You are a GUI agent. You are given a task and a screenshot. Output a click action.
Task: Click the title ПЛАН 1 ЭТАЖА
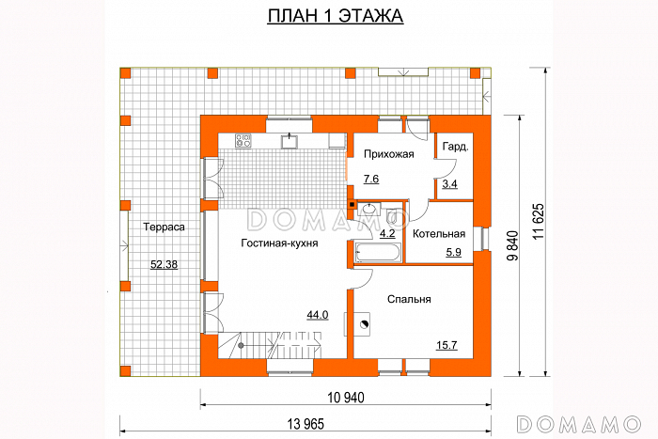coord(329,18)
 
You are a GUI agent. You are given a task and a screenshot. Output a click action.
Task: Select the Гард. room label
coord(456,148)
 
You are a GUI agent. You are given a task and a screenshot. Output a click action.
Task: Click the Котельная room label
coord(439,233)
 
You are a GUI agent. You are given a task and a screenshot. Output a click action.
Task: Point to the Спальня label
coord(409,299)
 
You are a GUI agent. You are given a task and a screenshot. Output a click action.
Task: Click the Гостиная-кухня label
coord(278,242)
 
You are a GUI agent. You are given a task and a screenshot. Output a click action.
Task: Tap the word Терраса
coord(163,227)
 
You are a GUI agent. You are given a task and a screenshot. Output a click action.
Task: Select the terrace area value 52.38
coord(164,264)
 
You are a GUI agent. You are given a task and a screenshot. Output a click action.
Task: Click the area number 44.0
coord(317,315)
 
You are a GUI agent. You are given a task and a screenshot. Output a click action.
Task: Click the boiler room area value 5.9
coord(453,252)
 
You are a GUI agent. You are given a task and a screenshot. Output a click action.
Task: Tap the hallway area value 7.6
coord(370,179)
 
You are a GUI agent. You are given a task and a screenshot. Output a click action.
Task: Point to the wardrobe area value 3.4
coord(449,183)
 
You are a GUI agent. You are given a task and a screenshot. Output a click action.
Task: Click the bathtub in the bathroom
coord(378,251)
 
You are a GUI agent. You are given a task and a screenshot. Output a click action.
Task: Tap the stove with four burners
coord(243,141)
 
